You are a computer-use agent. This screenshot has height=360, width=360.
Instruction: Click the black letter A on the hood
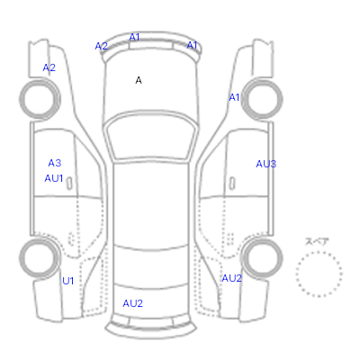tap(139, 80)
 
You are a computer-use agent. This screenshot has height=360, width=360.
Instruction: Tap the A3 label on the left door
tap(55, 163)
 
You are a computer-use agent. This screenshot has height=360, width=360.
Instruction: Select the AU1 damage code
tap(54, 178)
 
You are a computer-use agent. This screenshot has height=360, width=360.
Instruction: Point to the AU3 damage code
tap(266, 164)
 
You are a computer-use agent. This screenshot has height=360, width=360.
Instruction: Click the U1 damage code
tap(68, 281)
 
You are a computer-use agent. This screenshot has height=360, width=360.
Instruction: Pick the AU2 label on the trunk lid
tap(132, 303)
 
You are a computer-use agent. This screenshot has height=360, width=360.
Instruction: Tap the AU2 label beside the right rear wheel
tap(231, 278)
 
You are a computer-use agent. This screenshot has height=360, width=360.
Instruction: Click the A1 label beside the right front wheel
tap(234, 97)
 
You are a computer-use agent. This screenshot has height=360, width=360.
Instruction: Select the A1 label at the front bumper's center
tap(134, 37)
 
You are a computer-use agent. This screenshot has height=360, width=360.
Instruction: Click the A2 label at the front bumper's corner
tap(101, 46)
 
